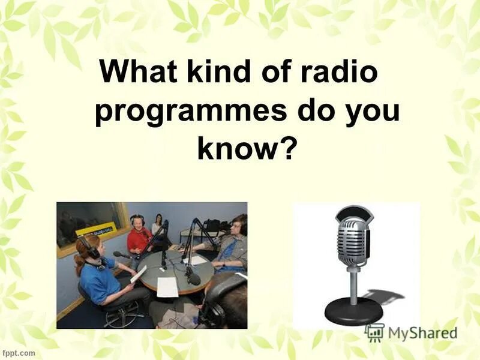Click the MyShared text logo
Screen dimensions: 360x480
coord(422,334)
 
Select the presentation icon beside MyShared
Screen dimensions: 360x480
coord(374,333)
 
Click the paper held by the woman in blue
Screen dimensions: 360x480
coord(138,274)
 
